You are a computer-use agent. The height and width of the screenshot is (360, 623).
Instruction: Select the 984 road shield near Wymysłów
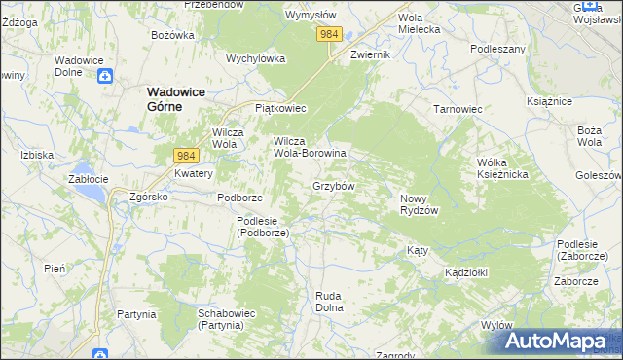tap(329, 34)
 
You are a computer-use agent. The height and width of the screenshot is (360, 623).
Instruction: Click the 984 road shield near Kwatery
tap(187, 155)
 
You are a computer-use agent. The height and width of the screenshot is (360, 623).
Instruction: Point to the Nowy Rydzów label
tap(420, 204)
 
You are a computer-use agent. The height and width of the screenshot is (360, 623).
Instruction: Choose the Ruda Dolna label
tap(330, 302)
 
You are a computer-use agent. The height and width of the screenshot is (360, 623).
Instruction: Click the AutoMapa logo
tap(556, 341)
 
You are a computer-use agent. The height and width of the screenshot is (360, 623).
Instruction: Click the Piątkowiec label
tap(280, 108)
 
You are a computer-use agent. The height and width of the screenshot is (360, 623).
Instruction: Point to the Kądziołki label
tap(465, 271)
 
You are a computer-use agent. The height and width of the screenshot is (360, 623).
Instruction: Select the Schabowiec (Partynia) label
tap(227, 319)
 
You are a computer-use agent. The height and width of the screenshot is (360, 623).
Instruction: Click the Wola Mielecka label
tap(420, 23)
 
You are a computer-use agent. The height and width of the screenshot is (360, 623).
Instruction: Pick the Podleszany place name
tap(497, 48)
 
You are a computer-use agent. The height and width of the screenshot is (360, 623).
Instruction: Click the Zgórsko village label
tap(150, 197)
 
